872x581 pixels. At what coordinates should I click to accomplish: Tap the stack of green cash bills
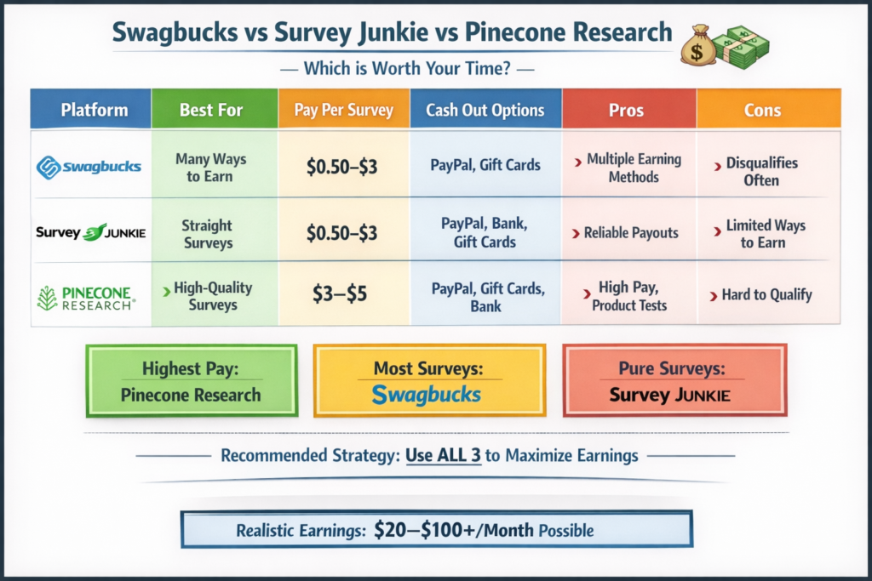pos(742,48)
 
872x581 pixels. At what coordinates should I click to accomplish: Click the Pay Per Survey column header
pos(344,109)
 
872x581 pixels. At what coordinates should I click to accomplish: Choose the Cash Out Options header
pos(485,109)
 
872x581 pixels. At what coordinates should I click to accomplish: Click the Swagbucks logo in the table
pos(89,167)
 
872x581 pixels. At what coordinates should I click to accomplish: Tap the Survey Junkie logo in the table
pos(90,232)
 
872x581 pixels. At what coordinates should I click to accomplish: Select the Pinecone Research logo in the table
pos(86,299)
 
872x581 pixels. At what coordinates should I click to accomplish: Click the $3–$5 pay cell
pos(339,293)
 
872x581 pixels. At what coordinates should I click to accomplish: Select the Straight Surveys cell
pos(208,234)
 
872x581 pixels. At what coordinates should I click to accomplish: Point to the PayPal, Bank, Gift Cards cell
pos(485,232)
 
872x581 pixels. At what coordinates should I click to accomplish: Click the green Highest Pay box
pos(192,381)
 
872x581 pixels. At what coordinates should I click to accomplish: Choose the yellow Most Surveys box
pos(429,381)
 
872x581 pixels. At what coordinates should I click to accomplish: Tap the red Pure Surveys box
pos(674,381)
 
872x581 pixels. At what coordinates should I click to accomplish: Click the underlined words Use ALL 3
pos(443,455)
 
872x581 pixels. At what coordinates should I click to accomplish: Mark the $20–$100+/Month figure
pos(454,530)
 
